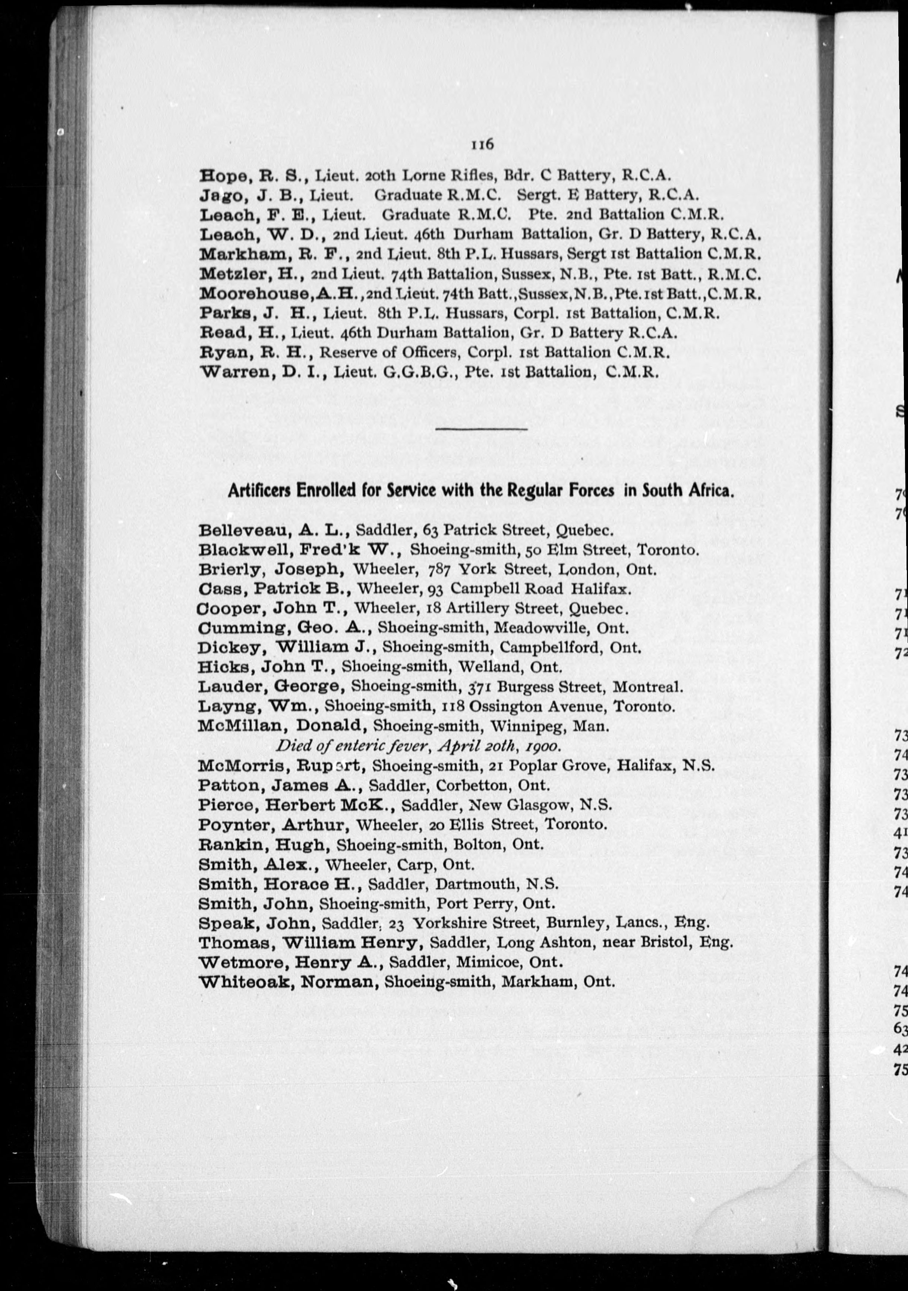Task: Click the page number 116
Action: [482, 145]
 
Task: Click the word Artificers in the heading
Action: [259, 491]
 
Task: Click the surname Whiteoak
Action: [245, 982]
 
